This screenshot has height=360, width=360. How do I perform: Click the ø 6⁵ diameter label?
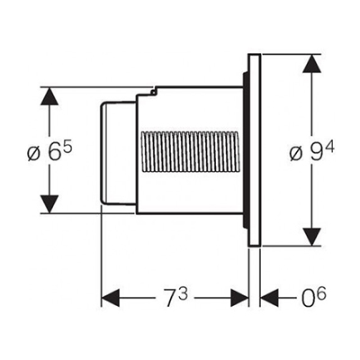[49, 151]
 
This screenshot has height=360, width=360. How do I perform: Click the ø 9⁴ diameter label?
[312, 151]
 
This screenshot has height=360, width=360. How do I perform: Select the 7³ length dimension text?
[176, 298]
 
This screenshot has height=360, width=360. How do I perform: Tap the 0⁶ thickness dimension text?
[314, 298]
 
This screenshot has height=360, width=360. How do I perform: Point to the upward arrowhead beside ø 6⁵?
[49, 96]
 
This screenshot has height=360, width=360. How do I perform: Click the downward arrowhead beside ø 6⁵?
[49, 204]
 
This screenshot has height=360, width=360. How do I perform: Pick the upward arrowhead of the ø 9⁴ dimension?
[312, 63]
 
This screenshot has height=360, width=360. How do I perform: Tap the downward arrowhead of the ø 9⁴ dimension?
[312, 237]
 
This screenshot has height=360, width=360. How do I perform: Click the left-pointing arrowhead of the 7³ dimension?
[111, 298]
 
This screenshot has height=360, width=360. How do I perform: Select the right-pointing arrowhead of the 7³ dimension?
[239, 298]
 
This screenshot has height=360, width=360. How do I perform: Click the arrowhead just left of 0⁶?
[269, 298]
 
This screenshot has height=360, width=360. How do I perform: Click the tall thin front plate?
[255, 150]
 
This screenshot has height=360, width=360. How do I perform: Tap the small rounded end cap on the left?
[118, 153]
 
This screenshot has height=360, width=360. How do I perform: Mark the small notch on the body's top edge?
[154, 91]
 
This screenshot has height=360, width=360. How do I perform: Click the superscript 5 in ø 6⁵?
[68, 148]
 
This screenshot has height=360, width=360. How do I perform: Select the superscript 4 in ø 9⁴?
[330, 148]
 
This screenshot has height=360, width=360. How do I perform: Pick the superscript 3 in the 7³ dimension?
[184, 294]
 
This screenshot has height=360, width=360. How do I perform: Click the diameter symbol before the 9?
[296, 154]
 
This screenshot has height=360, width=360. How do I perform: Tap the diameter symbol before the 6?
[34, 154]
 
